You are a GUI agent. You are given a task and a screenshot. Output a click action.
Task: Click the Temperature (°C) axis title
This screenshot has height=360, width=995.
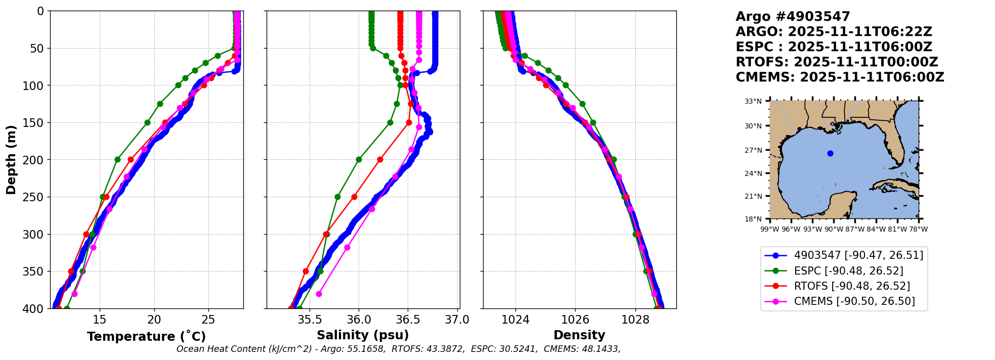146,337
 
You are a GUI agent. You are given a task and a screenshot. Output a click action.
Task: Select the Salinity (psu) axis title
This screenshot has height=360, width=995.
363,335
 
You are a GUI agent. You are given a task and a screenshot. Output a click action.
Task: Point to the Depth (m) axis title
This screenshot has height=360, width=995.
11,160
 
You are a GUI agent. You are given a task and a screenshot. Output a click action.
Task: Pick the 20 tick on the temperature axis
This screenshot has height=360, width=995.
154,320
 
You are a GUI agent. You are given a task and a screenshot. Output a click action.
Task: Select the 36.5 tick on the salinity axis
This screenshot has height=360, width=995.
408,320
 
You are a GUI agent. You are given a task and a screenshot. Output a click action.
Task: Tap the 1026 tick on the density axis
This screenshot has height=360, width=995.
576,320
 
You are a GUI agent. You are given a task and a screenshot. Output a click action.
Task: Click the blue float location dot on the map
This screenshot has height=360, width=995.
830,153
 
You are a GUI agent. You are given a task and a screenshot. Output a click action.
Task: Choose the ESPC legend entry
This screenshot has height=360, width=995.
848,271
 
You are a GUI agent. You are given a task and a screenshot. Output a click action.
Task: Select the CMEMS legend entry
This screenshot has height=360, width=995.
854,301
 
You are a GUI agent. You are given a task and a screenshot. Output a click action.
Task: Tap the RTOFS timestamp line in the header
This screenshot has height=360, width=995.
837,62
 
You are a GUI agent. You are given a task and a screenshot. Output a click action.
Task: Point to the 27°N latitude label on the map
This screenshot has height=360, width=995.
753,150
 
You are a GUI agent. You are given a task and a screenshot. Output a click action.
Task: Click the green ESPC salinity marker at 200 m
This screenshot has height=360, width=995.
359,159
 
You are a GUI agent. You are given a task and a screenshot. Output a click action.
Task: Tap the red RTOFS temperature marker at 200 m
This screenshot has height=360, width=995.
131,159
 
